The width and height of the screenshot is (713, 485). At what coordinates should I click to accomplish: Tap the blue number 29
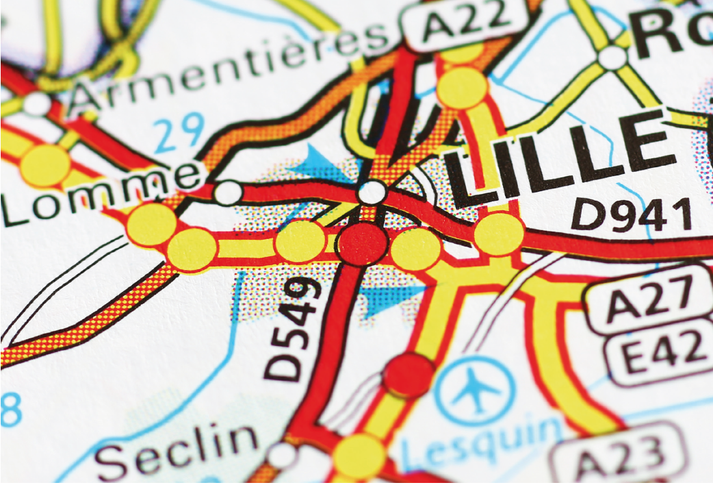(x=179, y=132)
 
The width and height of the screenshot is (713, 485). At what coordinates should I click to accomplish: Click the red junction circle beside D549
(x=363, y=243)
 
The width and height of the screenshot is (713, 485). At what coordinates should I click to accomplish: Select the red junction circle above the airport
(x=409, y=375)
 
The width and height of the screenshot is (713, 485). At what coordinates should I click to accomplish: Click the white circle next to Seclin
(x=283, y=455)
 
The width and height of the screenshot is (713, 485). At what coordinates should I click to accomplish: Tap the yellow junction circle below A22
(x=463, y=87)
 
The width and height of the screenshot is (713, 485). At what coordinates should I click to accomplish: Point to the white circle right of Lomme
(x=228, y=193)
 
